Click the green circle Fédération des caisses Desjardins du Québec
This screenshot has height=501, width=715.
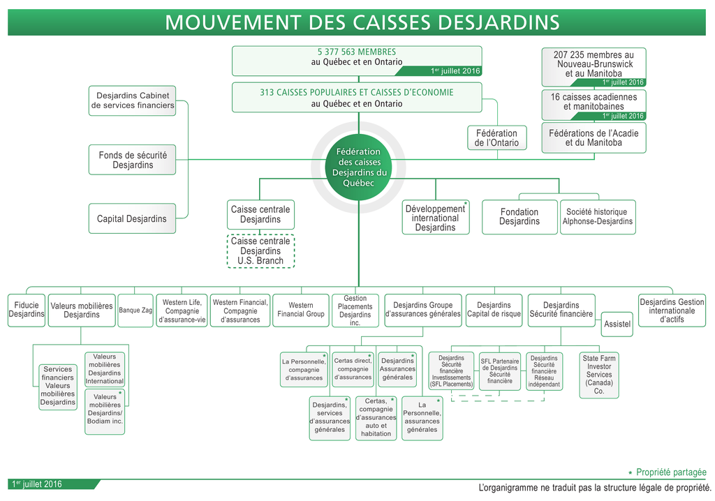tap(358, 167)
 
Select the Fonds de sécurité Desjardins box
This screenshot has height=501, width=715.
tap(132, 160)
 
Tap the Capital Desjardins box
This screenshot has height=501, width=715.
tap(132, 218)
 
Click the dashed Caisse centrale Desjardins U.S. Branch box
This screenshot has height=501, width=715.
tap(260, 251)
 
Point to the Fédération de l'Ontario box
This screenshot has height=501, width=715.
tap(496, 137)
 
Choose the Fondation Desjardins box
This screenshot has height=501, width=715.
tap(519, 217)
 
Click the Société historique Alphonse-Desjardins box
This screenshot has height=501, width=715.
tap(598, 217)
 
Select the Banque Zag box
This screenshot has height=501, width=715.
tap(135, 310)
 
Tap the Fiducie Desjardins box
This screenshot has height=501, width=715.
tap(27, 310)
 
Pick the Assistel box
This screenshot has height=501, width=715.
tap(617, 324)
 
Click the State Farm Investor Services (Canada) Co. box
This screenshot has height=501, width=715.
tap(598, 375)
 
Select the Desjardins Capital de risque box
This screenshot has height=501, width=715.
tap(494, 310)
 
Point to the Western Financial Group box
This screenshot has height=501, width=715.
tap(301, 310)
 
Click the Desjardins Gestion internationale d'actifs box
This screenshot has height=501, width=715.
tap(672, 310)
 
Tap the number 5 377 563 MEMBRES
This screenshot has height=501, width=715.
tap(356, 52)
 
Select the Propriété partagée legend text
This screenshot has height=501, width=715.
tap(671, 472)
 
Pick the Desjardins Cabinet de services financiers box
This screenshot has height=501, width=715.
tap(132, 100)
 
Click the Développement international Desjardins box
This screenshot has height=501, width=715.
tap(435, 218)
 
